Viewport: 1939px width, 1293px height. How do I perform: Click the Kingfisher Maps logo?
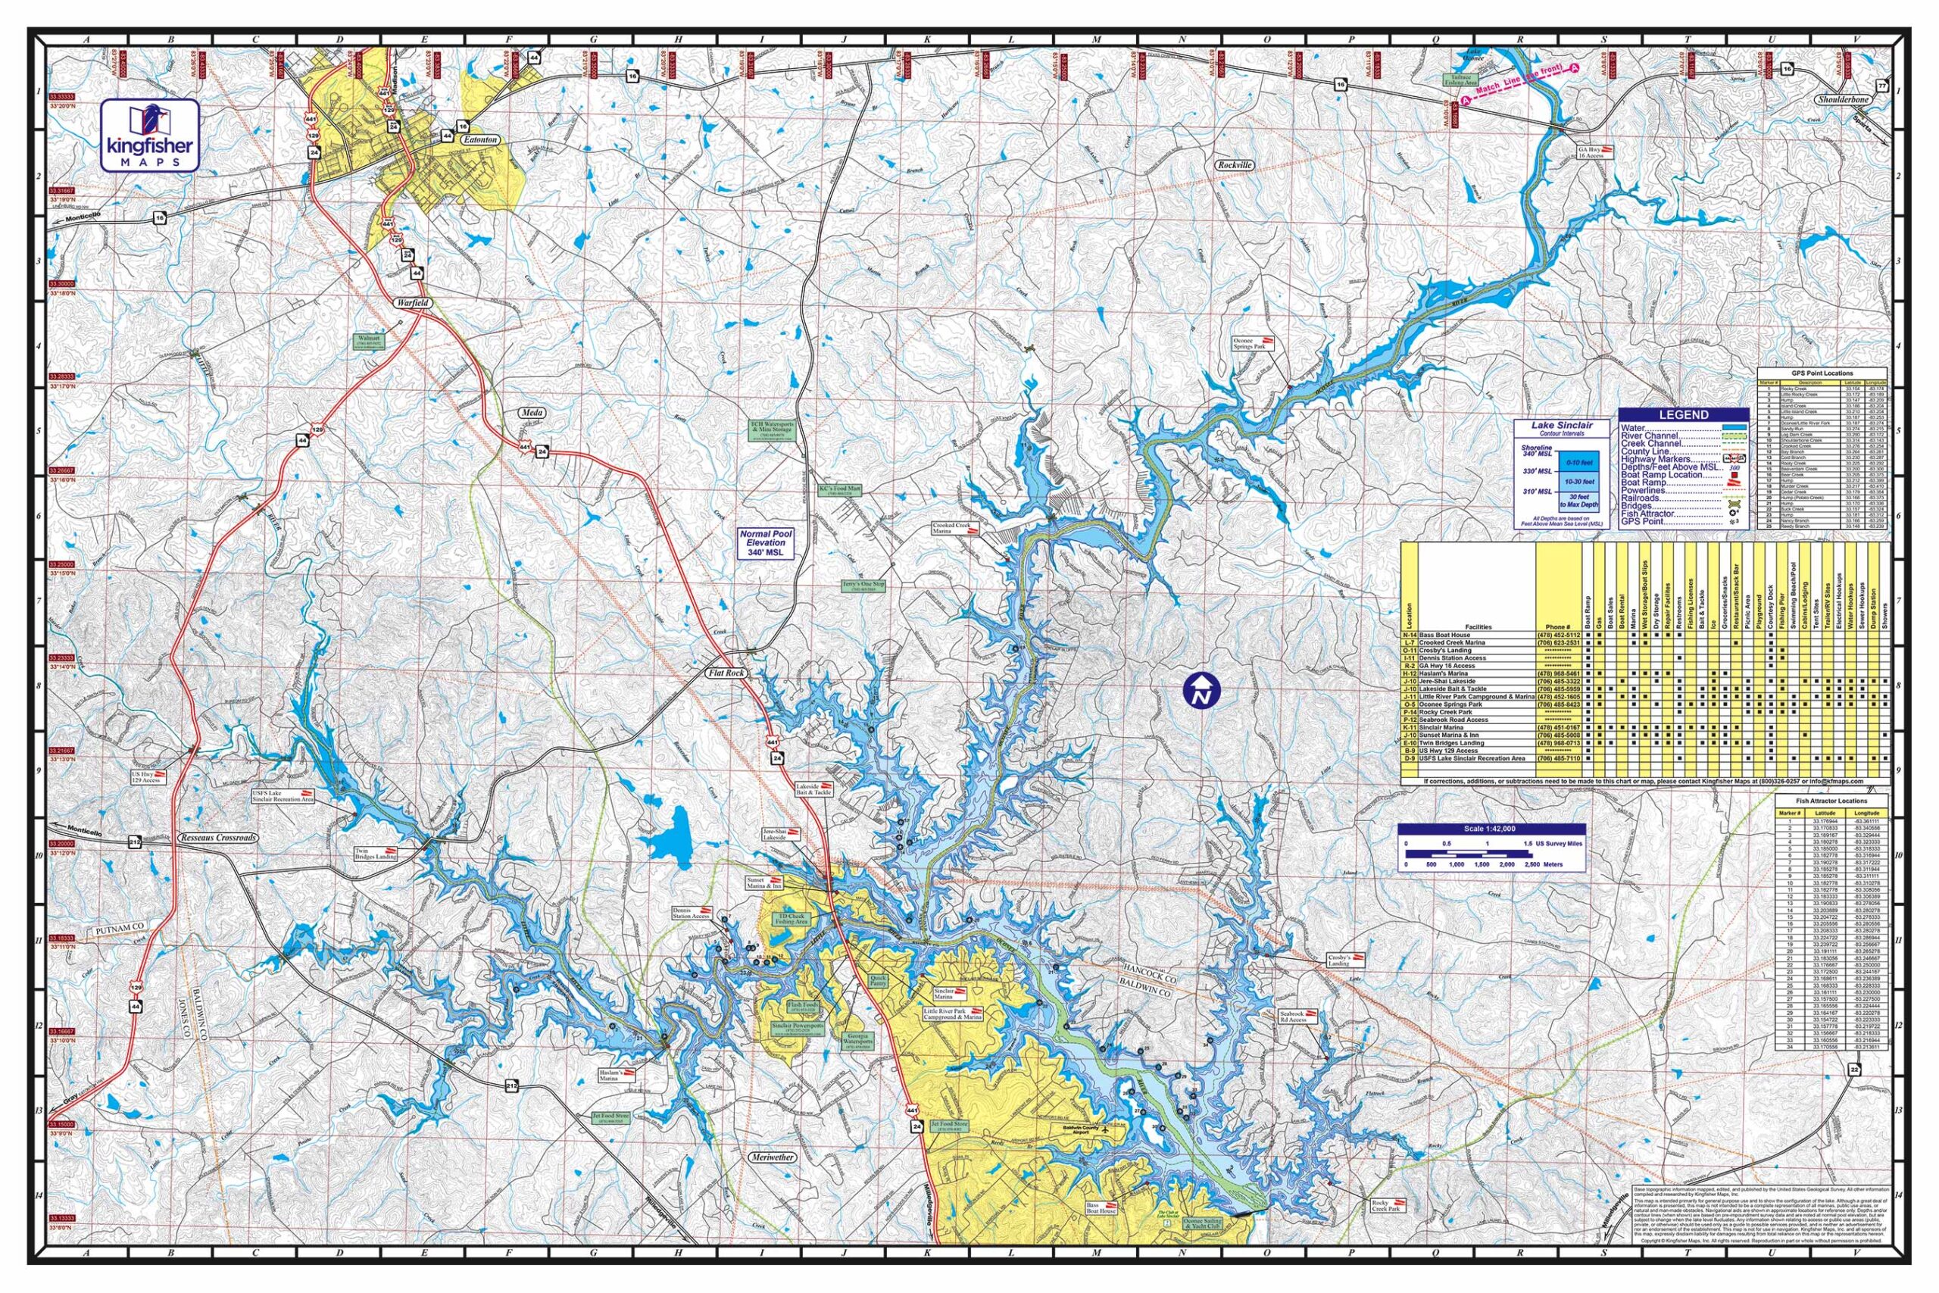[149, 136]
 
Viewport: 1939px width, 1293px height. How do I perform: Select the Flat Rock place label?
[726, 673]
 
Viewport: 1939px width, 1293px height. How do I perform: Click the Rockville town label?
[1234, 165]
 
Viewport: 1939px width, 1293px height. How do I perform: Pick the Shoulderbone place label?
[1859, 122]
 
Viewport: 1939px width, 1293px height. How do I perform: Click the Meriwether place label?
[773, 1157]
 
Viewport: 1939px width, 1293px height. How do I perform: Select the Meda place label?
[529, 411]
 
